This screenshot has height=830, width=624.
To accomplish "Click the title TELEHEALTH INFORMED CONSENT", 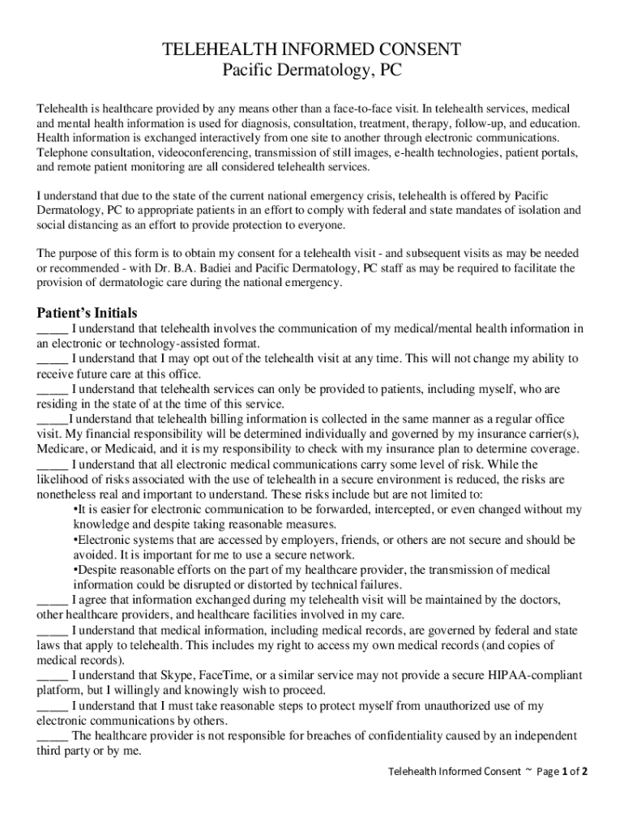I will pyautogui.click(x=312, y=50).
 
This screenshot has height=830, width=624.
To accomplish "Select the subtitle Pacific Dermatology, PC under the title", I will pyautogui.click(x=312, y=71).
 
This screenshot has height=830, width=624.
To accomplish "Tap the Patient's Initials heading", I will pyautogui.click(x=88, y=313).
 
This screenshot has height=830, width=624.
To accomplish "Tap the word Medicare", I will pyautogui.click(x=62, y=448).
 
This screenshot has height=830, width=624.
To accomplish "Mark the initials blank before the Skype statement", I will pyautogui.click(x=53, y=675).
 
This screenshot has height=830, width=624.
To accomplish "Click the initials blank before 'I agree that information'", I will pyautogui.click(x=53, y=600).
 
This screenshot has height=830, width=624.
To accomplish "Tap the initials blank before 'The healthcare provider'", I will pyautogui.click(x=53, y=736).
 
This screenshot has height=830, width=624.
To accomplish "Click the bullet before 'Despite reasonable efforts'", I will pyautogui.click(x=75, y=571).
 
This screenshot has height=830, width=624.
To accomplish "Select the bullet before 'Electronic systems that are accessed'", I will pyautogui.click(x=75, y=540).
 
